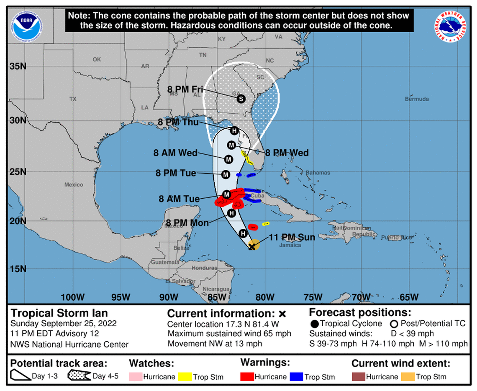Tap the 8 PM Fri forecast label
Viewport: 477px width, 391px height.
pos(185,89)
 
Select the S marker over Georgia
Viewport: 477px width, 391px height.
pos(241,99)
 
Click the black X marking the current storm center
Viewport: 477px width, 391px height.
pos(252,247)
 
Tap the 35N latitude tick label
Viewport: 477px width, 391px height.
pos(18,66)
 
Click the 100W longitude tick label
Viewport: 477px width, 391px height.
pos(72,297)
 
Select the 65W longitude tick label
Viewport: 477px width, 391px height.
pos(409,297)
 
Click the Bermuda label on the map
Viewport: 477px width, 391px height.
pos(417,99)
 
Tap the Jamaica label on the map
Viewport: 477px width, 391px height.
pos(290,245)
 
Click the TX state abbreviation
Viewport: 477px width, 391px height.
pos(73,99)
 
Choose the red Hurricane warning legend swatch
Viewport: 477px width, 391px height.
pos(247,377)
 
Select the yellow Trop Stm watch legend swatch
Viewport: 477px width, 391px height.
pos(185,377)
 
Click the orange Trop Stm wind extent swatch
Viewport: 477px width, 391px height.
pos(407,377)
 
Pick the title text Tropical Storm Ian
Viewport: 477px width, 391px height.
pos(59,313)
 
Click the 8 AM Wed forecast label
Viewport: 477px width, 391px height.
pos(176,153)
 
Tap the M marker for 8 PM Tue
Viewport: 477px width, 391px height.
pos(226,174)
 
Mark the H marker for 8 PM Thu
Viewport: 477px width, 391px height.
pos(234,130)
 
